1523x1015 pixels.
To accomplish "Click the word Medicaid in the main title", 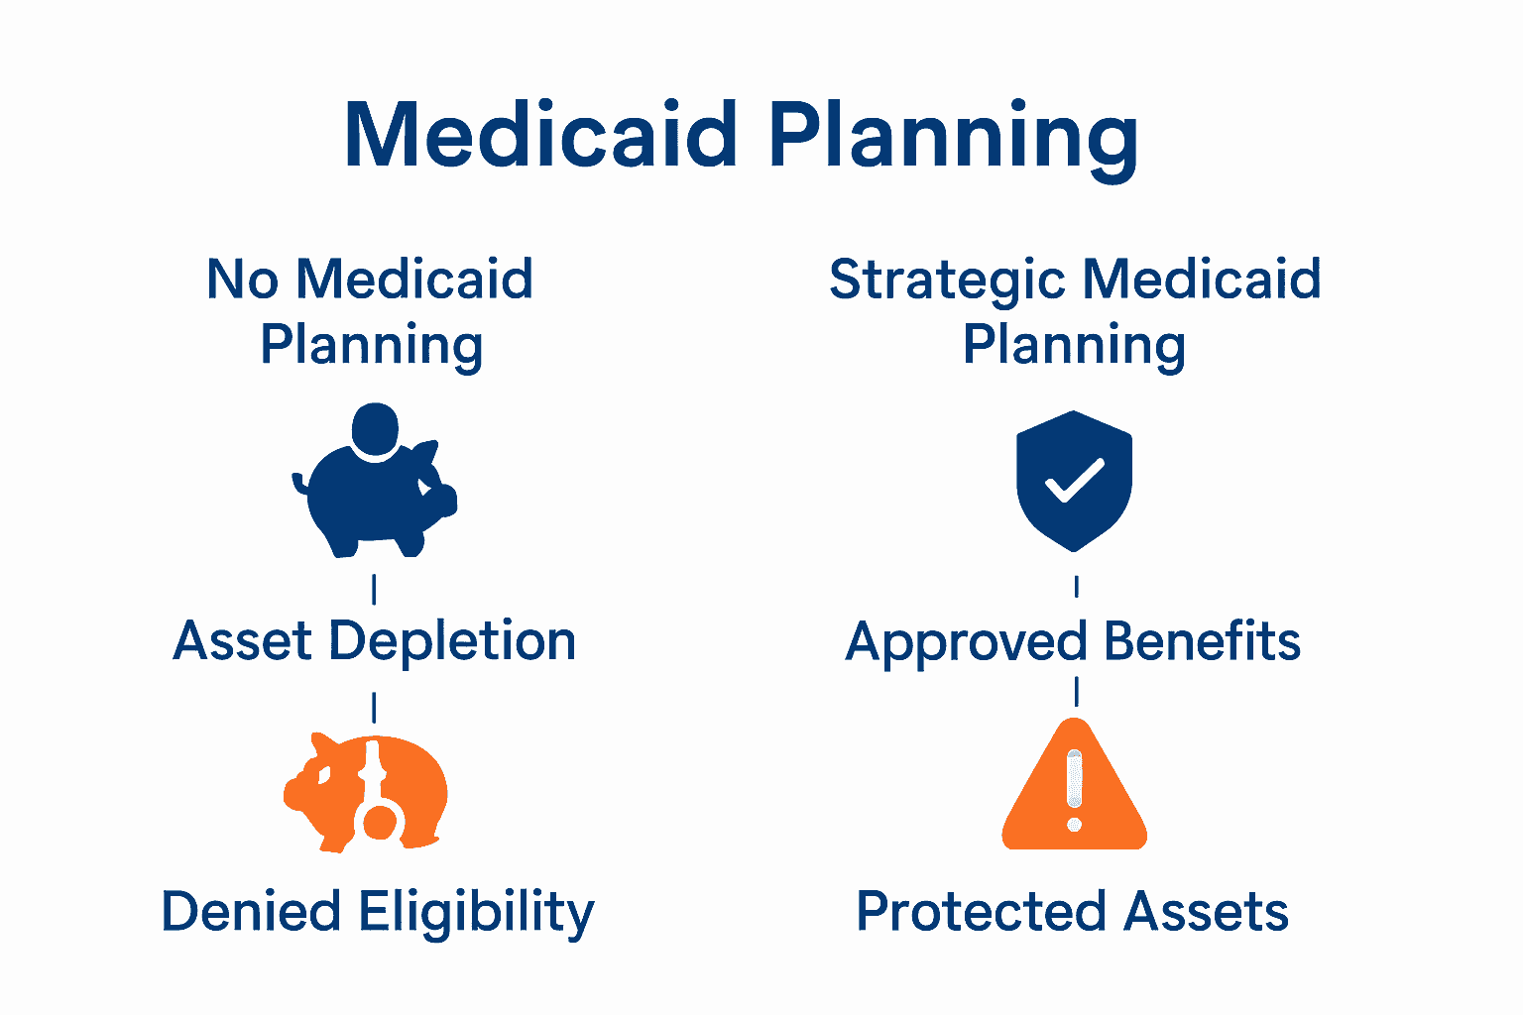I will click(540, 135).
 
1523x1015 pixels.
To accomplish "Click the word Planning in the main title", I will click(953, 137).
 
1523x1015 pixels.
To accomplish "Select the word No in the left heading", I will click(242, 280).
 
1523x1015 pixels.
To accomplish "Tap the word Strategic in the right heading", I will click(948, 281).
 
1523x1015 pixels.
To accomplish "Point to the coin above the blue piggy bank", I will click(375, 429).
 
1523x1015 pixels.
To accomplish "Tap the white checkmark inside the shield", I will click(1075, 480).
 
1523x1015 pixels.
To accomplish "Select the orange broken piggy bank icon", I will click(366, 793).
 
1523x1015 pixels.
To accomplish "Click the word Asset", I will click(243, 641).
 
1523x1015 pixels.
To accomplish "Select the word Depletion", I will click(452, 642).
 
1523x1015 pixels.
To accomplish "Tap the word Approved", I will click(967, 642).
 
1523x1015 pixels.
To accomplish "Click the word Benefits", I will click(1201, 641).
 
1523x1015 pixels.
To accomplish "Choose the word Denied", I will click(251, 912).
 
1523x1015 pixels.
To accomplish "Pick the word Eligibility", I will click(476, 913).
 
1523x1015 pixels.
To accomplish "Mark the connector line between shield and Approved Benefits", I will click(1076, 587).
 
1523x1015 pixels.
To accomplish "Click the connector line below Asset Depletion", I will click(374, 708).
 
